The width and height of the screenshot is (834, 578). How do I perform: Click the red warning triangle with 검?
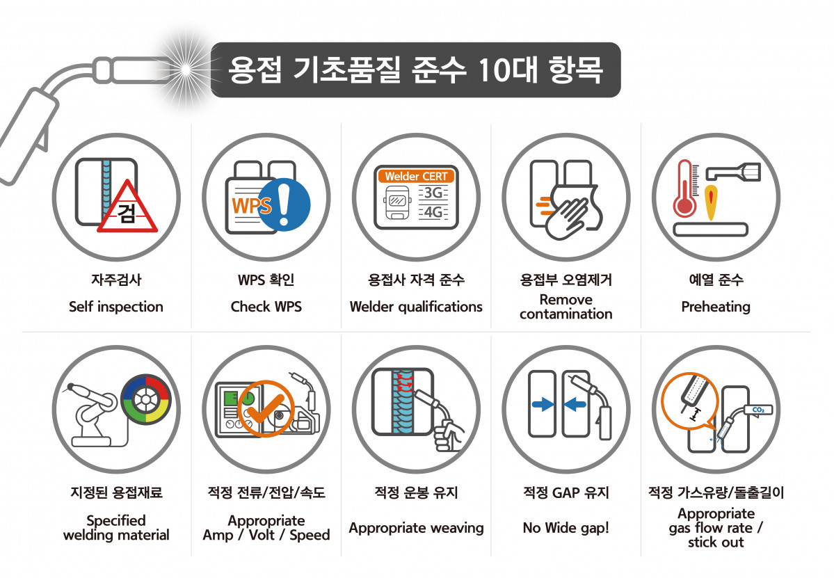127,207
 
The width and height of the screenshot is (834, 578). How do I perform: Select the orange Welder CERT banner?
416,177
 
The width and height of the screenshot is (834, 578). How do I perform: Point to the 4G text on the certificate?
433,213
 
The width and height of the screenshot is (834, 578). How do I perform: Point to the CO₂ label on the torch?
757,410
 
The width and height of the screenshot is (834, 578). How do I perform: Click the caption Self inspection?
116,307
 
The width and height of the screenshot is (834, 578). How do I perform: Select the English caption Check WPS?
266,307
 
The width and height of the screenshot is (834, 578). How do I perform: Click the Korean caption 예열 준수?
716,280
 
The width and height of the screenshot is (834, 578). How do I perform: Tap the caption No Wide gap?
566,528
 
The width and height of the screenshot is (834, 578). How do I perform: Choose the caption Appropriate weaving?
416,528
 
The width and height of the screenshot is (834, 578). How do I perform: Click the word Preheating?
716,307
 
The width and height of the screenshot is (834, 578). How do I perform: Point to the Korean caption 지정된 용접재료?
116,493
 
